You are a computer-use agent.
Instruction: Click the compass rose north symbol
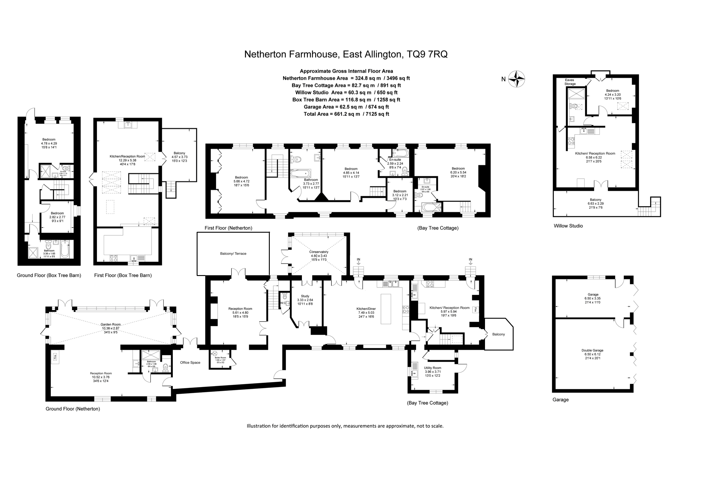(x=517, y=79)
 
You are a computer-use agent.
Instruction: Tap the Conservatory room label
(x=319, y=252)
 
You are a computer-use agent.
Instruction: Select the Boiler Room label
(x=220, y=358)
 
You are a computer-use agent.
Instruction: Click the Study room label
(x=305, y=296)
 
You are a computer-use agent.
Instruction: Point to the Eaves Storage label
(x=570, y=82)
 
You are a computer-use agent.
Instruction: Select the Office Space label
(x=190, y=363)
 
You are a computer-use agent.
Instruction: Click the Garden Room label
(x=110, y=324)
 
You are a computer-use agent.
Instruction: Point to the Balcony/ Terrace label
(x=233, y=254)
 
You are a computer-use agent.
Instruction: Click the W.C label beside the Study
(x=283, y=303)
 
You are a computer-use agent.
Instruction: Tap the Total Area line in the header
(x=346, y=114)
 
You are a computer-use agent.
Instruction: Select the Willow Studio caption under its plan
(x=568, y=226)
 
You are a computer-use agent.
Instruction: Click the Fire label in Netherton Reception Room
(x=55, y=356)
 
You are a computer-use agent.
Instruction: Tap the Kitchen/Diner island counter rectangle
(x=386, y=309)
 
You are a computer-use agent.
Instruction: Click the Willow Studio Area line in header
(x=346, y=92)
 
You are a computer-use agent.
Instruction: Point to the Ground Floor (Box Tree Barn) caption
(x=49, y=275)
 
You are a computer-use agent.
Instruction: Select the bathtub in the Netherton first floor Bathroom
(x=300, y=174)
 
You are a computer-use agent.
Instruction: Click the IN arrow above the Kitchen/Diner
(x=358, y=261)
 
